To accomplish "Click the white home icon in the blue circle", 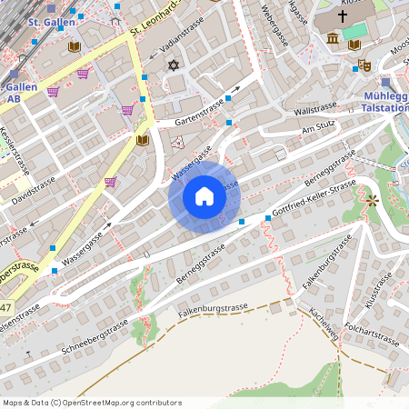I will (204, 196).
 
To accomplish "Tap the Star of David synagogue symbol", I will (173, 65).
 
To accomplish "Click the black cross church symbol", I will (344, 16).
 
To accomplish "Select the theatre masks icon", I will (364, 65).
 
